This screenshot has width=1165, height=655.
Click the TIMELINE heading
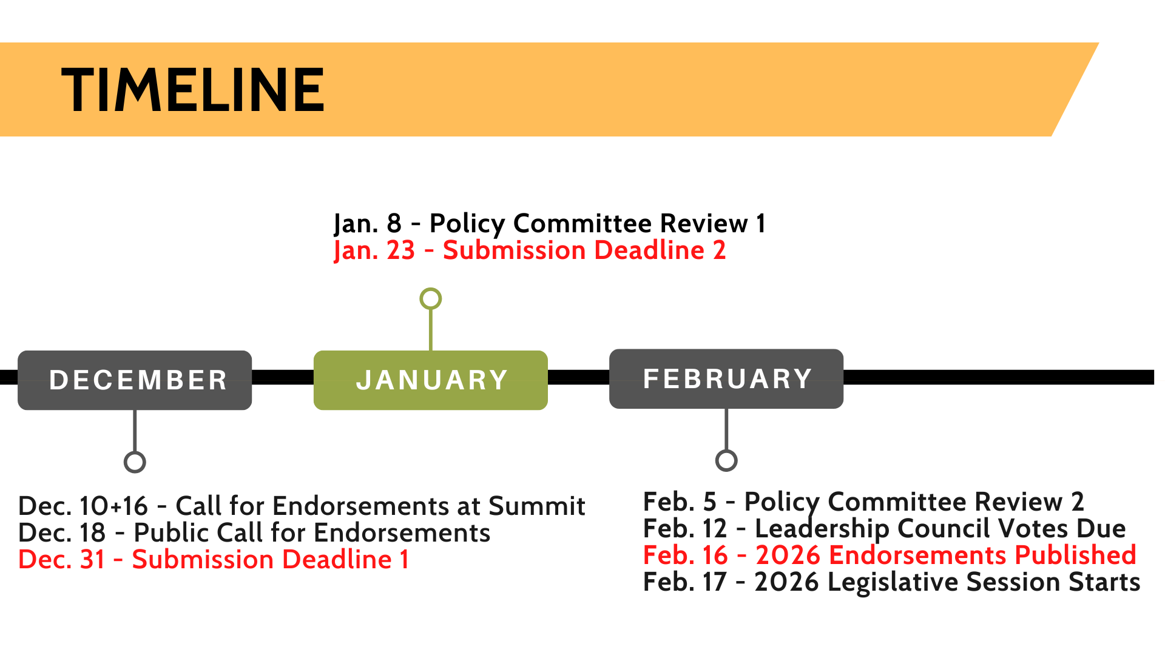pyautogui.click(x=193, y=90)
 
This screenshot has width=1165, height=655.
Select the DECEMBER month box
pyautogui.click(x=135, y=380)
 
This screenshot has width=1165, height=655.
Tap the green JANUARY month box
pyautogui.click(x=431, y=380)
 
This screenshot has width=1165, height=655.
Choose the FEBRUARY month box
pyautogui.click(x=726, y=378)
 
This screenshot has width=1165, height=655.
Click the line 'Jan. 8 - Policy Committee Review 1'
pyautogui.click(x=550, y=224)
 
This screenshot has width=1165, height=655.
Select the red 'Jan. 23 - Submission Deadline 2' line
pyautogui.click(x=530, y=250)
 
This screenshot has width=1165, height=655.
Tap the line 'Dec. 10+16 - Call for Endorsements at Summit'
pyautogui.click(x=302, y=506)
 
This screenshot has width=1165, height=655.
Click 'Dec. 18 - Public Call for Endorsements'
pyautogui.click(x=255, y=532)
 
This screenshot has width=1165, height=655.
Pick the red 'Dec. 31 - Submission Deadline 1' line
pyautogui.click(x=214, y=559)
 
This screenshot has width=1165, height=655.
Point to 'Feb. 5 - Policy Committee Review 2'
pyautogui.click(x=863, y=502)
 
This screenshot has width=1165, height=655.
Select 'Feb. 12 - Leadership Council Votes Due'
pyautogui.click(x=885, y=529)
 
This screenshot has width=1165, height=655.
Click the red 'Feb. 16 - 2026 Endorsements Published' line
pyautogui.click(x=890, y=556)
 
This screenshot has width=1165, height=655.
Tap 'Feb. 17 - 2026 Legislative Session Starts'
pyautogui.click(x=892, y=582)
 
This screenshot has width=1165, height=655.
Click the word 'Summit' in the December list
pyautogui.click(x=537, y=506)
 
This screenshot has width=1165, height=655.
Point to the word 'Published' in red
pyautogui.click(x=1075, y=556)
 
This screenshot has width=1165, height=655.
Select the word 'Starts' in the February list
pyautogui.click(x=1104, y=582)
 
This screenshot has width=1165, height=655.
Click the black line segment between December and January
pyautogui.click(x=283, y=377)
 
